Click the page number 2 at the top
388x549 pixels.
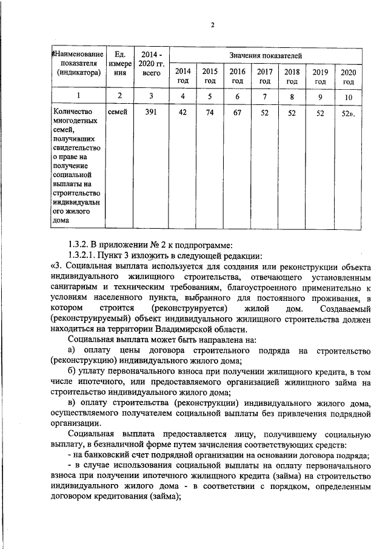point(213,25)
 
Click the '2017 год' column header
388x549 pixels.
point(264,76)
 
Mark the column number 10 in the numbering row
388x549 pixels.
point(349,96)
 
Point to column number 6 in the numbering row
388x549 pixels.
point(237,96)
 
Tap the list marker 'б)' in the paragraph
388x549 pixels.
point(72,371)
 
